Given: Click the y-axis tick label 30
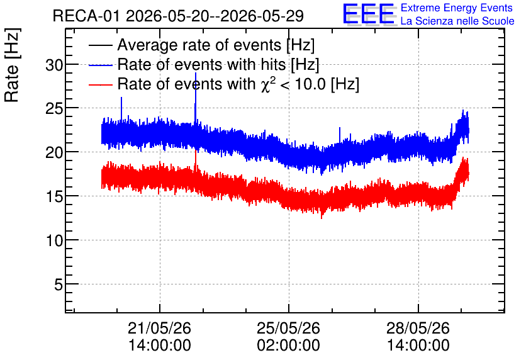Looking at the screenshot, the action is (54, 65).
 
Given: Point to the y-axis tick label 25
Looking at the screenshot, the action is (54, 109).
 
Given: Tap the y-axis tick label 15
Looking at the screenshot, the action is (54, 196).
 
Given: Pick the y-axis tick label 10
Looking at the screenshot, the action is (54, 240).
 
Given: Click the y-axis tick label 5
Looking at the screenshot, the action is (59, 285).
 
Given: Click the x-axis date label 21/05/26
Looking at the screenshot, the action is (159, 328).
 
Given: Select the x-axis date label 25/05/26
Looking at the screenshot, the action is (289, 328).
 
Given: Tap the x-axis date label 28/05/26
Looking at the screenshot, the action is (418, 328).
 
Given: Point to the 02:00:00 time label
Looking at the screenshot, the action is (289, 346).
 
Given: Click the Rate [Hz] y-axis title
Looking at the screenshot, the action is (12, 65).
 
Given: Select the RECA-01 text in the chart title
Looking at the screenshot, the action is (86, 16).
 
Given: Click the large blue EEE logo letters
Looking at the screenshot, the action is (369, 14).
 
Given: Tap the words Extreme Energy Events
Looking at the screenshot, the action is (457, 8).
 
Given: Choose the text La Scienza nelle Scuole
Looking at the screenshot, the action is (457, 21).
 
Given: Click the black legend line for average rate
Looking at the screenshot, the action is (101, 45).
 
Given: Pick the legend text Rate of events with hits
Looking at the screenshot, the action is (201, 64).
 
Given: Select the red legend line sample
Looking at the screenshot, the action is (101, 85).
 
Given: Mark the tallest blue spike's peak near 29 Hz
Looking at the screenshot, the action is (196, 73).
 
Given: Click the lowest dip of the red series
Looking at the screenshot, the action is (322, 218).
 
